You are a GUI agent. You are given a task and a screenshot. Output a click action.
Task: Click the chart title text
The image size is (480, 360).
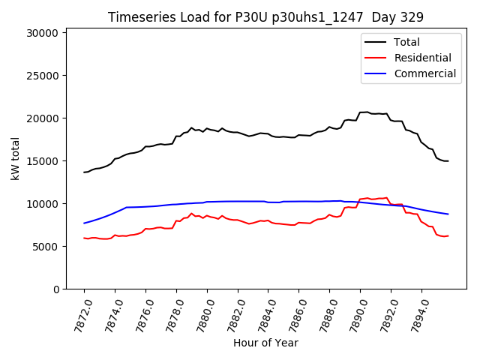(x=265, y=17)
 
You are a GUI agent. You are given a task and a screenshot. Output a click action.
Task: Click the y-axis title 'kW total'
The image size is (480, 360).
(x=15, y=159)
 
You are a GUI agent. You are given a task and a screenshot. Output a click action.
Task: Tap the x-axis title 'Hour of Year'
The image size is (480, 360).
(x=265, y=343)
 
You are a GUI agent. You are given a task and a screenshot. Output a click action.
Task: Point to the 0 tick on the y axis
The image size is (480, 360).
(x=55, y=289)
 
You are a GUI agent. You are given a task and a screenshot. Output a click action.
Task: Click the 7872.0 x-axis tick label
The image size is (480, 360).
(x=77, y=314)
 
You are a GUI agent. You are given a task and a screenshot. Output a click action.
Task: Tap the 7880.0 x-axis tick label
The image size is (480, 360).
(x=200, y=314)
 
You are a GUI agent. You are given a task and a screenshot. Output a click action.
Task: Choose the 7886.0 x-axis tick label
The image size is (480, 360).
(x=292, y=314)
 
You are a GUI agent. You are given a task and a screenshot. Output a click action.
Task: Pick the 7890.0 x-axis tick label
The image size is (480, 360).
(x=353, y=314)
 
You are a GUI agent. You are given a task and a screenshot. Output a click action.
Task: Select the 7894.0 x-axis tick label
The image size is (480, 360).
(x=415, y=314)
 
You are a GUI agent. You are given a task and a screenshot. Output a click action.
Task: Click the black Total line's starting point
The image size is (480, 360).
(x=84, y=172)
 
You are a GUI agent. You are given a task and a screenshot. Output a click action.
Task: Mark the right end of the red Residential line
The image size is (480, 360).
(x=448, y=235)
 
